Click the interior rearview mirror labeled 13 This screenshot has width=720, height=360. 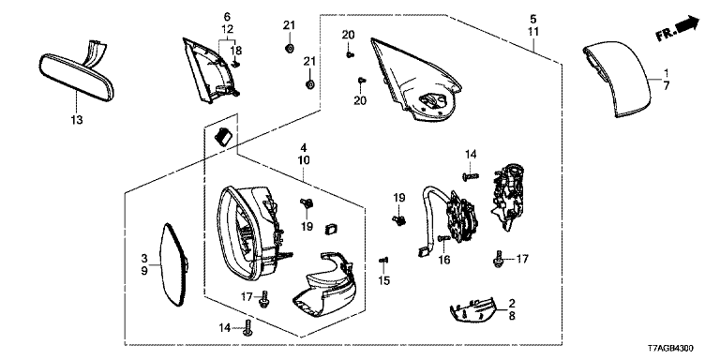pos(76,76)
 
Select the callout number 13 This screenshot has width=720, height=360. pos(77,120)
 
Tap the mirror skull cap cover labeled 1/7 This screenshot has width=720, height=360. pos(617,81)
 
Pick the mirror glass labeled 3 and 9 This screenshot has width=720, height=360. pos(172,264)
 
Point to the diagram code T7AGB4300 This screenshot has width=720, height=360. pos(670,349)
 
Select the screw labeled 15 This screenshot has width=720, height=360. pos(383,261)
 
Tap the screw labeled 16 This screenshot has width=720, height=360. pos(444,238)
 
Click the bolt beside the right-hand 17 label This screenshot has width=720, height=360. pos(498,260)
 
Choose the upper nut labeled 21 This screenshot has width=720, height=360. pos(289,48)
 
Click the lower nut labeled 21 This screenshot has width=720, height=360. pos(309,85)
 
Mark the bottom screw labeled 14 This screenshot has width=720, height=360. pos(247,327)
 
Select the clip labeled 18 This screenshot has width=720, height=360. pos(235,65)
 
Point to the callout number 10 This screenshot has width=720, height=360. pos(304,160)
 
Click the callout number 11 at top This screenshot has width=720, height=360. pos(533,32)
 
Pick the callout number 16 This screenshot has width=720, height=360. pos(444,260)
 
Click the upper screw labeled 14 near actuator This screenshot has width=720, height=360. pos(471,175)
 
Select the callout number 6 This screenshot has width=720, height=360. pos(227,17)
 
